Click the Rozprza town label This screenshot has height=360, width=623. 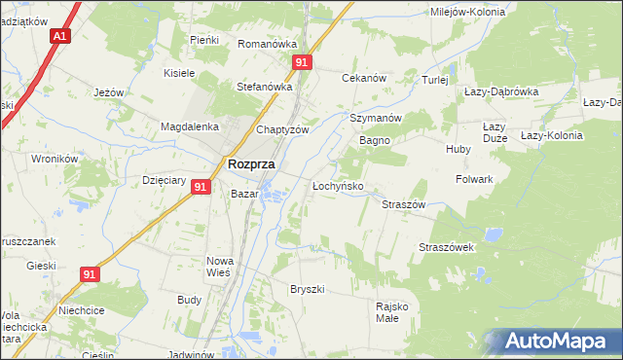(x=250, y=164)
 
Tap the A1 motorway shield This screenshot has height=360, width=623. (x=60, y=36)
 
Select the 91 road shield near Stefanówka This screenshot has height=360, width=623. (x=303, y=62)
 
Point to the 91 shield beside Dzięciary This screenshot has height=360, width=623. (x=201, y=186)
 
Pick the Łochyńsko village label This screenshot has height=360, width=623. (x=337, y=185)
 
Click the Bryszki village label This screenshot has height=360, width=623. (x=307, y=289)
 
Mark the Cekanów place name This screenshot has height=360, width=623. (x=364, y=78)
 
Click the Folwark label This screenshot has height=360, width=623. (x=474, y=180)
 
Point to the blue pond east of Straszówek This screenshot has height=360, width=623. (x=494, y=234)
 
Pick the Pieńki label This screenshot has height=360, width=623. (x=203, y=40)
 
